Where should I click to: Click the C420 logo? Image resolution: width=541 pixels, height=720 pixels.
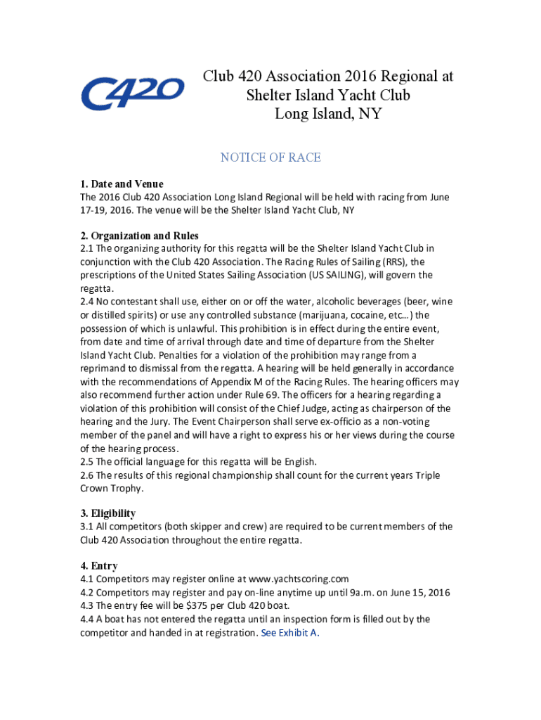pyautogui.click(x=132, y=94)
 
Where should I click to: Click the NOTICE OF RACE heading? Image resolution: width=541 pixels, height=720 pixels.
pyautogui.click(x=270, y=157)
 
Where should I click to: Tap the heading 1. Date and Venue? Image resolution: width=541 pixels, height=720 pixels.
pyautogui.click(x=122, y=184)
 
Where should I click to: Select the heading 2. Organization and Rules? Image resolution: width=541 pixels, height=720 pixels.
pyautogui.click(x=139, y=236)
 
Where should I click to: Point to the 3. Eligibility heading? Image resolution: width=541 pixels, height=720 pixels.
pyautogui.click(x=108, y=513)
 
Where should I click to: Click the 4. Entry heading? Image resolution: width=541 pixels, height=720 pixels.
pyautogui.click(x=99, y=566)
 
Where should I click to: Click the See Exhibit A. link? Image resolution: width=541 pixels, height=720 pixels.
pyautogui.click(x=290, y=633)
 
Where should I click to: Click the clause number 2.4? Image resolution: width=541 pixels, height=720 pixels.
pyautogui.click(x=87, y=302)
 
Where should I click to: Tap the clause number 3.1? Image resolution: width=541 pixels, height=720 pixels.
pyautogui.click(x=87, y=527)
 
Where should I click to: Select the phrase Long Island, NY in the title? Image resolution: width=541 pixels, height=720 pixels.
pyautogui.click(x=327, y=113)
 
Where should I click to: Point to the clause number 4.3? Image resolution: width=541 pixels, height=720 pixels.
pyautogui.click(x=87, y=606)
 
